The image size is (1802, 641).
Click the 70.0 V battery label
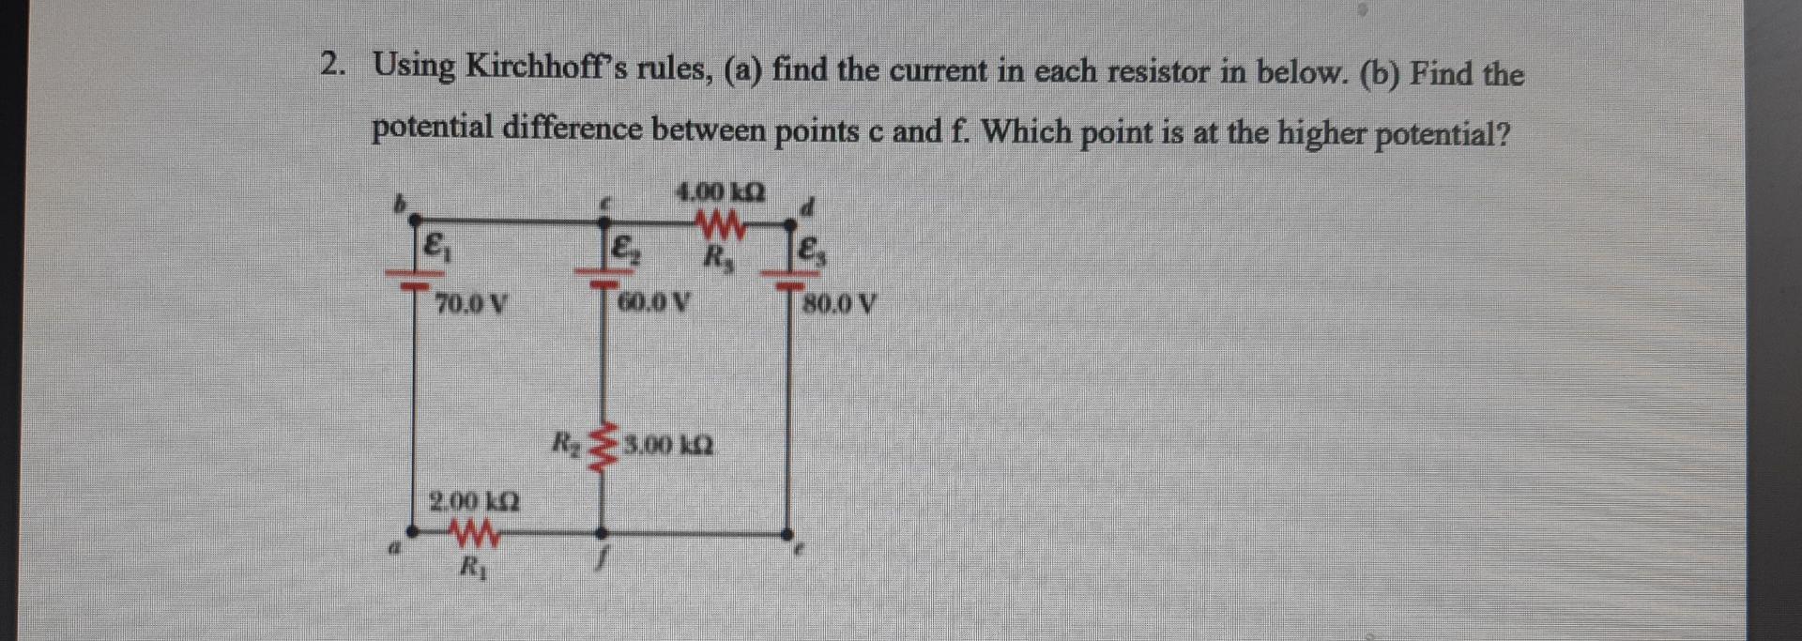click(x=471, y=304)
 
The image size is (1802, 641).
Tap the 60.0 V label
click(x=654, y=303)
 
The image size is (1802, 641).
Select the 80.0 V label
click(x=841, y=304)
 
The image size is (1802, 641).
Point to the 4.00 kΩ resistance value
click(x=720, y=192)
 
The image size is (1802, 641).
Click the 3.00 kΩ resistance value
click(x=667, y=444)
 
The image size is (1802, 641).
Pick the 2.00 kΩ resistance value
click(x=474, y=500)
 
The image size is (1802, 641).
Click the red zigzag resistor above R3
click(x=723, y=225)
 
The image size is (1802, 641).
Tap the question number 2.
click(x=331, y=64)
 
